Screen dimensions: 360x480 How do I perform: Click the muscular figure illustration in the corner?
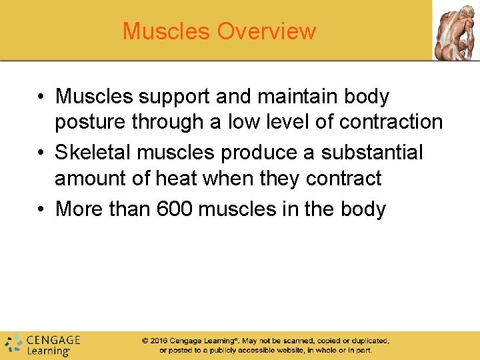tap(455, 30)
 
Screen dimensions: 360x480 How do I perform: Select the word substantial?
tap(372, 152)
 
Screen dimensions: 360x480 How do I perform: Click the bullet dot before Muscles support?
tap(41, 97)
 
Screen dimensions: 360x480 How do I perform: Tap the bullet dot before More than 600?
tap(41, 209)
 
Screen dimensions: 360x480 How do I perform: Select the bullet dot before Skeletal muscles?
tap(41, 153)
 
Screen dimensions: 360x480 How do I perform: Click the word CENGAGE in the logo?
tap(53, 340)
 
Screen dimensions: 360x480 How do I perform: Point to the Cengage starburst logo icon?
tap(13, 345)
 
